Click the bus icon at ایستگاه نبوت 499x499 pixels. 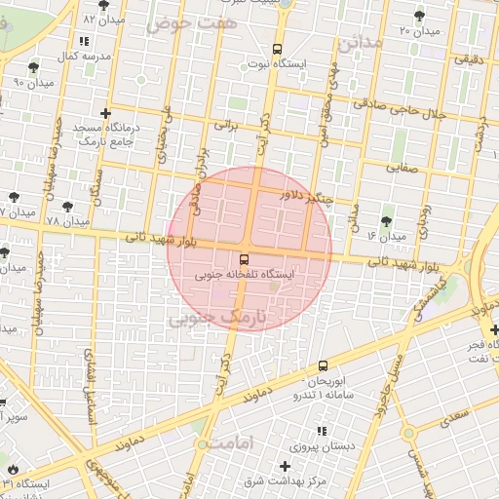tap(278, 49)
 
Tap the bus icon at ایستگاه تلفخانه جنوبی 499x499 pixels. tap(244, 259)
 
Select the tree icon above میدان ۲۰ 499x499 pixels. tap(419, 16)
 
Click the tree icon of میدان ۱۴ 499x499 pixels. tap(387, 220)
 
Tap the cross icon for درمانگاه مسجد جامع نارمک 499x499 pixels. tap(105, 113)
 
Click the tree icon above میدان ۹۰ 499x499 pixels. tap(34, 67)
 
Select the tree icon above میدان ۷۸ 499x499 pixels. tap(66, 207)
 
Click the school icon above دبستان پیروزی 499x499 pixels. tap(322, 430)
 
